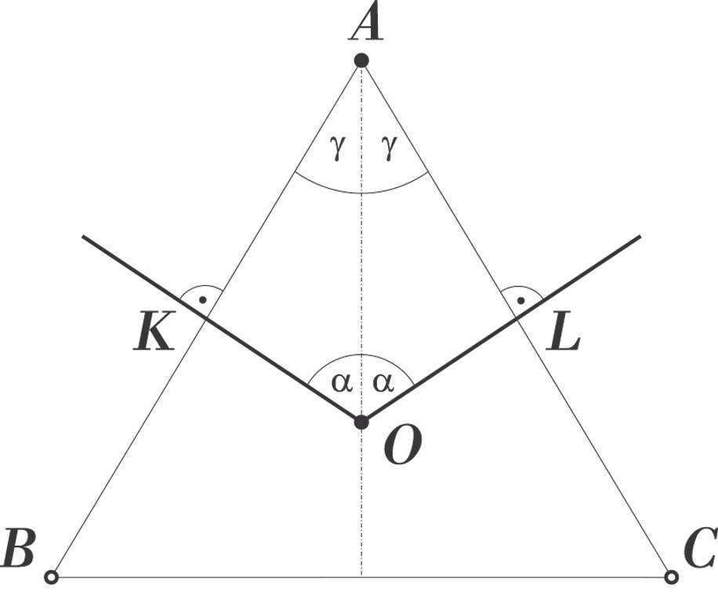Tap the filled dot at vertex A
[361, 60]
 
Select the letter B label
[19, 548]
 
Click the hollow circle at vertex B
[52, 577]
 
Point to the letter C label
[698, 548]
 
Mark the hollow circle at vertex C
[670, 577]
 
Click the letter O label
[402, 447]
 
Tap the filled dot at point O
[361, 422]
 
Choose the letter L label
[564, 335]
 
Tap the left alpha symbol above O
[339, 382]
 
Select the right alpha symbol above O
[383, 382]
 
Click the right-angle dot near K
[203, 300]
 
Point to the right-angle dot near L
[520, 300]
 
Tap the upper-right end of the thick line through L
[640, 236]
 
